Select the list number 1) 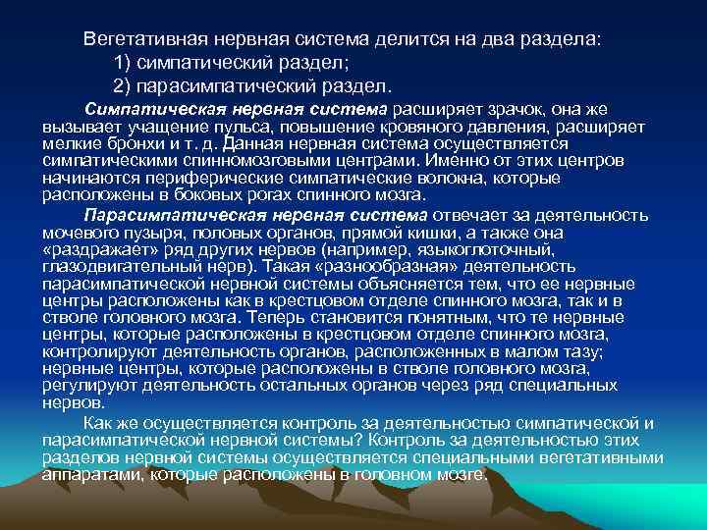pyautogui.click(x=124, y=64)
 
